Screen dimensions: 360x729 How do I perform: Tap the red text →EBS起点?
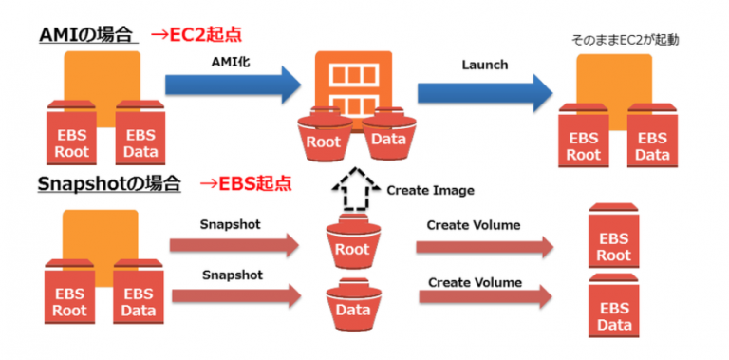click(246, 183)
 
